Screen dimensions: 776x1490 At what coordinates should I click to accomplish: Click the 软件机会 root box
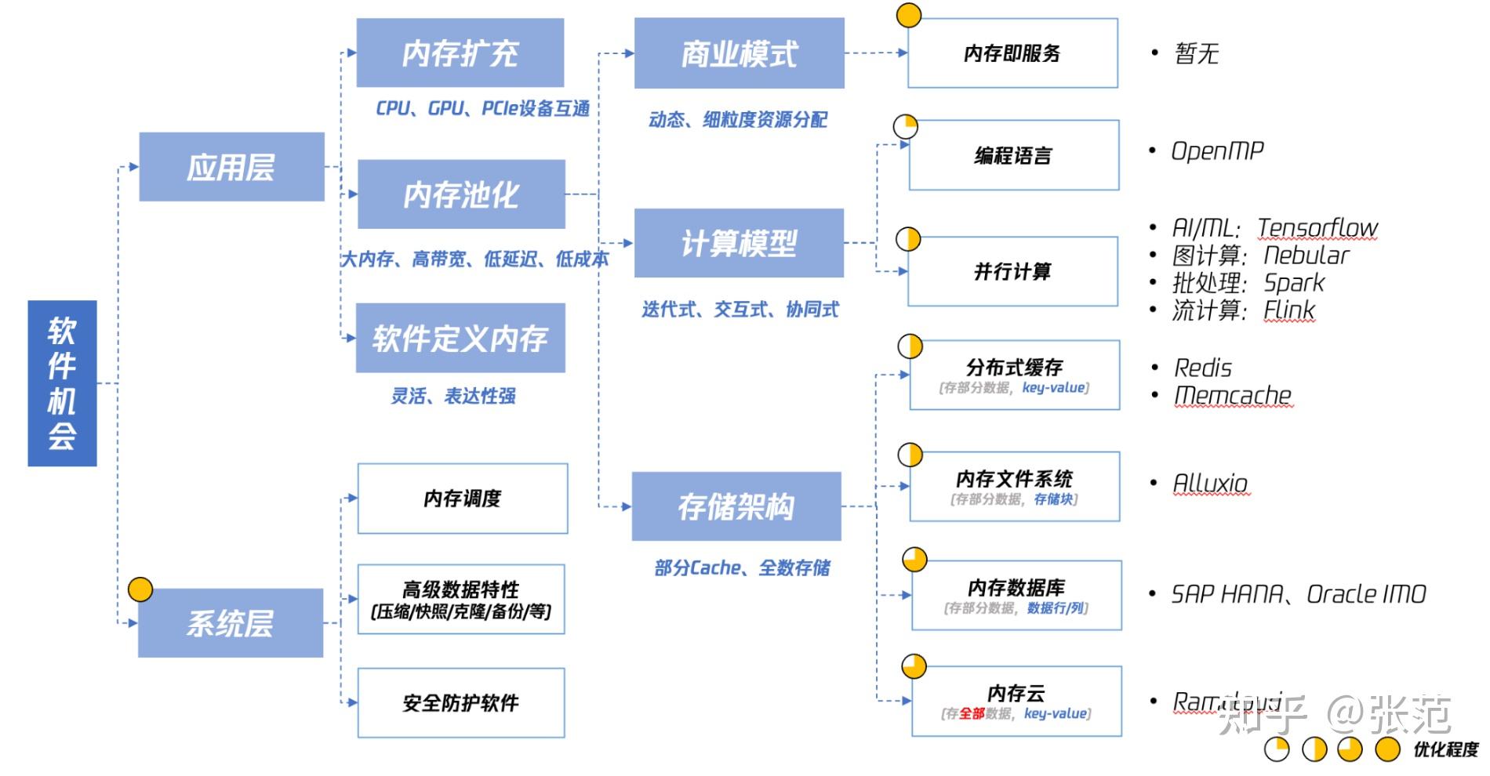click(62, 383)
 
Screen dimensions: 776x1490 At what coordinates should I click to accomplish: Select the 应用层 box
click(231, 167)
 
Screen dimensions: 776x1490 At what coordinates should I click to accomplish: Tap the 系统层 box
click(231, 623)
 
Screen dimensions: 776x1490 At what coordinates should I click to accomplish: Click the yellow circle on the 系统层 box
click(140, 589)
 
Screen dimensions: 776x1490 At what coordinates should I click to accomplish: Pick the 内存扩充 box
click(460, 53)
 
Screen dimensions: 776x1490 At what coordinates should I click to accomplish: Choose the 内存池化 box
click(461, 194)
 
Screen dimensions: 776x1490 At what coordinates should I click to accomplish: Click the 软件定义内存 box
click(460, 338)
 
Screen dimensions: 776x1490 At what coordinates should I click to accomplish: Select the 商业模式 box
click(739, 53)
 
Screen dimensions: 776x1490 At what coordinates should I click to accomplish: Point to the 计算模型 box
click(739, 243)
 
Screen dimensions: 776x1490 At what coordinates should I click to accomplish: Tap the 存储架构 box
click(736, 506)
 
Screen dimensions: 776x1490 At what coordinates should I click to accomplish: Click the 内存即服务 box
click(1012, 53)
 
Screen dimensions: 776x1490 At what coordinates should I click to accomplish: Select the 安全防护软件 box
click(461, 703)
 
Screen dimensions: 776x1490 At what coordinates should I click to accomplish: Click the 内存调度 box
click(463, 499)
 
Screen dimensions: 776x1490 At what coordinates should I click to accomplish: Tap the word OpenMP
click(1217, 150)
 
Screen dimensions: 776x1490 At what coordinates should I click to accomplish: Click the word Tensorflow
click(1317, 227)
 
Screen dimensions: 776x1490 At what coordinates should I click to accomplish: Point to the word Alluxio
click(1210, 483)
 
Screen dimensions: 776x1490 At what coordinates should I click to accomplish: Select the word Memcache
click(1233, 395)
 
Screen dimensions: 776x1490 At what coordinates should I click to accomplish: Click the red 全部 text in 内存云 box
click(972, 713)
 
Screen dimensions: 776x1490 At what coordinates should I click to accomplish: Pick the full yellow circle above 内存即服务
click(908, 15)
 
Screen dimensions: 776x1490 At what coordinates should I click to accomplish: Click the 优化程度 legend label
click(1445, 749)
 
